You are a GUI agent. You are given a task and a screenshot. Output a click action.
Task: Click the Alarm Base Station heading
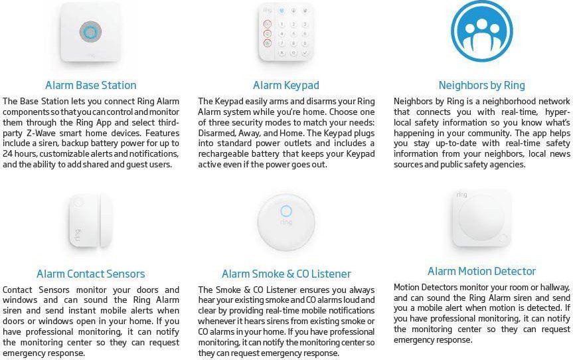point(90,85)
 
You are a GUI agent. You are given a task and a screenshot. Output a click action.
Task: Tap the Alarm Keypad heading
point(286,85)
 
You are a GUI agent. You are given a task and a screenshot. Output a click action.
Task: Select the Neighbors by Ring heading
point(481,85)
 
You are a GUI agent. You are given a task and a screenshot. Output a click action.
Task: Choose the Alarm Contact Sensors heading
point(90,274)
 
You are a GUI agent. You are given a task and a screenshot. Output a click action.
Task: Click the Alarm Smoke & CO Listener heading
point(286,274)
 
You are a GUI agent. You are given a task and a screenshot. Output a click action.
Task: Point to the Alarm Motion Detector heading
point(481,271)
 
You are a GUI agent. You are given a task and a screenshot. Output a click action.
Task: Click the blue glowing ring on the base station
point(90,32)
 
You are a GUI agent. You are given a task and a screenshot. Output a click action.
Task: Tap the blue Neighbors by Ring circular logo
point(481,31)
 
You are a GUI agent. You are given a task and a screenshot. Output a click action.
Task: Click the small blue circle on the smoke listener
point(286,211)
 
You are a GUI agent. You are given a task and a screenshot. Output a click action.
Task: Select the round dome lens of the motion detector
point(481,218)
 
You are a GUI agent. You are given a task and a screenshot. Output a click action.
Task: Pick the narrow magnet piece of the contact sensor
point(106,221)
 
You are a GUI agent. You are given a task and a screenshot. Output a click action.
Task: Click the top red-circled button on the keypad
point(268,24)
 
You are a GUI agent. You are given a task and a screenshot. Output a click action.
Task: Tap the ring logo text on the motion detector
point(461,195)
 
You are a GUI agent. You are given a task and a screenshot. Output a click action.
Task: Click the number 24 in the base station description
point(7,154)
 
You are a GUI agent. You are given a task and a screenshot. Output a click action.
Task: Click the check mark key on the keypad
point(305,53)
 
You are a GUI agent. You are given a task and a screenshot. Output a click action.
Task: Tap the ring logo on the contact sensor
point(78,234)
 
